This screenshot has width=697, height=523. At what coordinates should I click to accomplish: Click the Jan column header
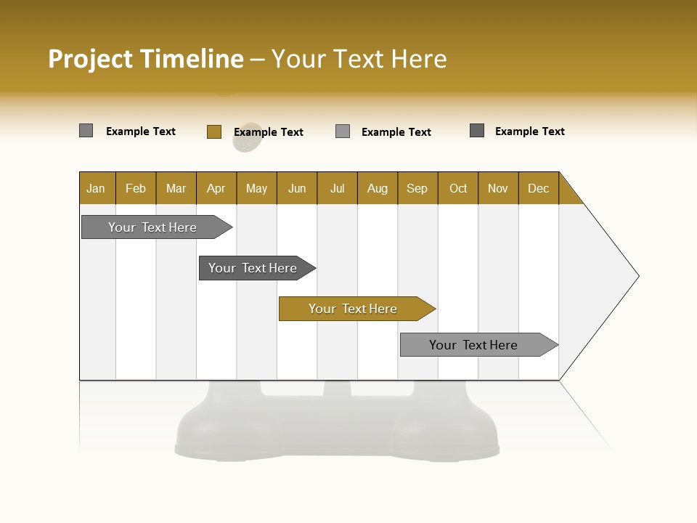tap(96, 188)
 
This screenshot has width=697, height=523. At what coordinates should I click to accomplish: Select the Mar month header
tap(176, 188)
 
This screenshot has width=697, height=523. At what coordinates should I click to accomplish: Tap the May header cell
tap(256, 188)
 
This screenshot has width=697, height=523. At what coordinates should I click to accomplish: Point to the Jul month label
tap(337, 188)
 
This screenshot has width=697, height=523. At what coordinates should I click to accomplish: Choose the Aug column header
tap(377, 188)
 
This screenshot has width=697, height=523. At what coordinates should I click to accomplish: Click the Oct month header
tap(458, 188)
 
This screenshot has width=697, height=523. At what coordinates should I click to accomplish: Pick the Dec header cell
tap(538, 188)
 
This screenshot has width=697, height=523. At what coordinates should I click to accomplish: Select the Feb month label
tap(136, 188)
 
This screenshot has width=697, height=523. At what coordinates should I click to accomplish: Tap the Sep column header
tap(417, 188)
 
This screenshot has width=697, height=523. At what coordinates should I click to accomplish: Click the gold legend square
tap(213, 131)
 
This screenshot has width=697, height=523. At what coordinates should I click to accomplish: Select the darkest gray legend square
tap(477, 131)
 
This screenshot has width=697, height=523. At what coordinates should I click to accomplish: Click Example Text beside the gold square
tap(268, 132)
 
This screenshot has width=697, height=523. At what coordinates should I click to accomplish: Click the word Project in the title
tap(91, 59)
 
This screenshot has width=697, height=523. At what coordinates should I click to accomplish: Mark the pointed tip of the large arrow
tap(637, 276)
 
